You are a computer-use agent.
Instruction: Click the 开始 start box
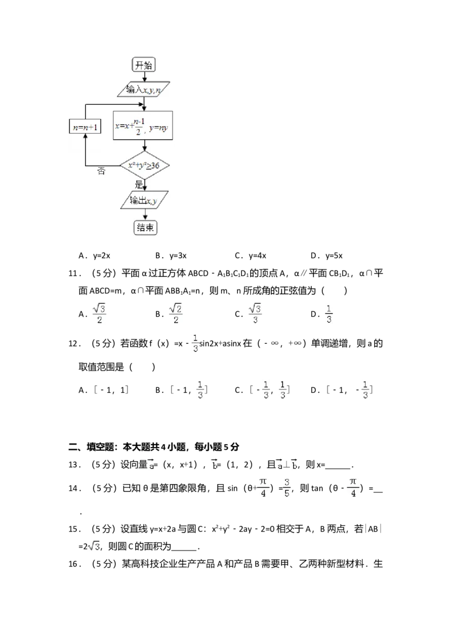144,65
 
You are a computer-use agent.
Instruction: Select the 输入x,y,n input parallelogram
144,90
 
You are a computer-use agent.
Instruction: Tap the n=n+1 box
85,127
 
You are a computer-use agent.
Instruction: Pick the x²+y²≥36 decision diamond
145,166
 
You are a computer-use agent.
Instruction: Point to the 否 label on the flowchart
101,171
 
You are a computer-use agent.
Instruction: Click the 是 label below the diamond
139,184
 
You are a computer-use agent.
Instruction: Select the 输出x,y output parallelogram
144,201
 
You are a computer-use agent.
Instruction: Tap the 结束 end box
145,228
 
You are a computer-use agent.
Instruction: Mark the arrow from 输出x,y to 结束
145,215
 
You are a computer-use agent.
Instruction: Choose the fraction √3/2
99,313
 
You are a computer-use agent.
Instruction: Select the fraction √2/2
176,313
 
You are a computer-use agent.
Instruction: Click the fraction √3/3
257,313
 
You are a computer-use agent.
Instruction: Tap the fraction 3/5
286,488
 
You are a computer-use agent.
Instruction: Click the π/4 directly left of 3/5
262,488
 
